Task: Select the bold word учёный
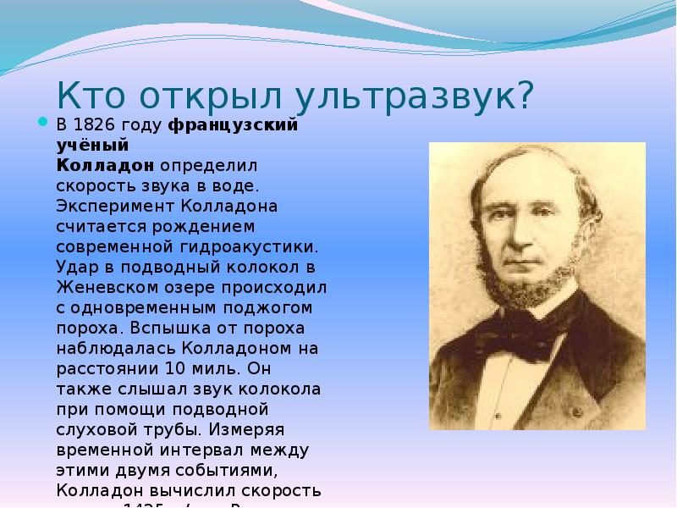click(85, 146)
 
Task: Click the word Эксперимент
click(114, 206)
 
